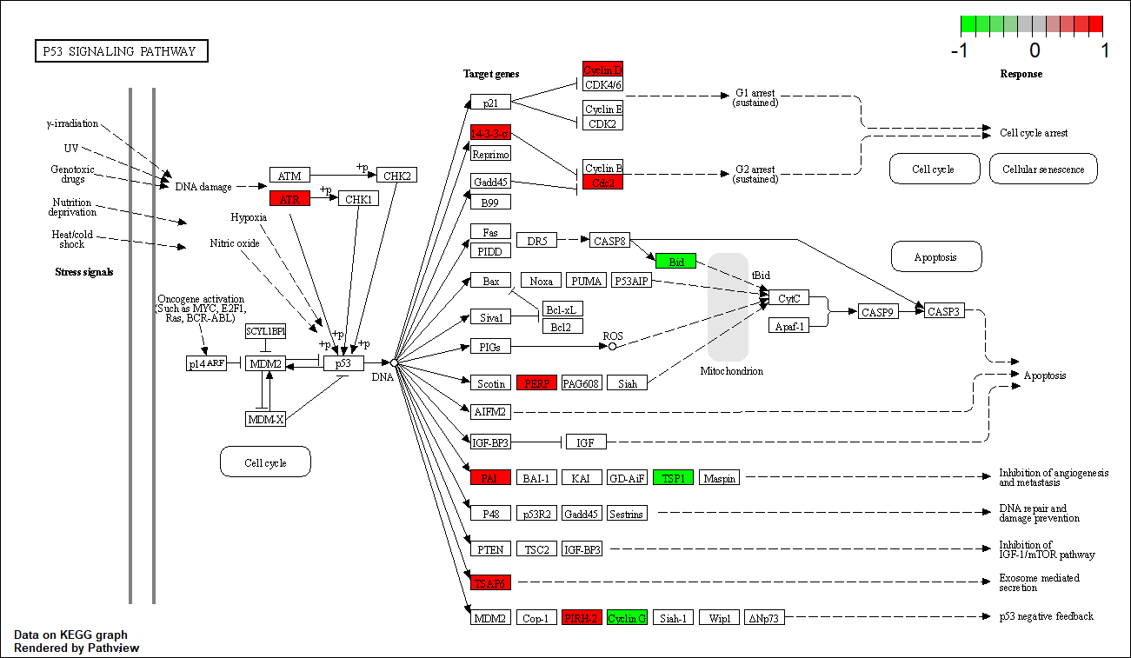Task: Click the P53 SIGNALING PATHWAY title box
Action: (122, 51)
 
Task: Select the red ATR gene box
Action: (289, 199)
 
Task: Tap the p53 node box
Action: (343, 363)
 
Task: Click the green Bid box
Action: (675, 261)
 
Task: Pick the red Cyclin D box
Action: (602, 70)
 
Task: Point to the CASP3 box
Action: (944, 311)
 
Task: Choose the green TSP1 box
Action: (673, 478)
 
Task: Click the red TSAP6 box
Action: (490, 582)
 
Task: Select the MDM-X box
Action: (265, 419)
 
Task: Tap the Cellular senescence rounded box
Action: (1043, 169)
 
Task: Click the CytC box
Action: (788, 298)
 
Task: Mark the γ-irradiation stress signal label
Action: (73, 123)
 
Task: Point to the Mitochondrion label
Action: (731, 371)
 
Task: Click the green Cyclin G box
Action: (627, 618)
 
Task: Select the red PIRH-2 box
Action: (582, 618)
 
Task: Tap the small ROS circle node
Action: (612, 346)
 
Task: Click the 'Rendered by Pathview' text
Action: (77, 648)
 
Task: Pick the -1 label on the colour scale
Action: (960, 50)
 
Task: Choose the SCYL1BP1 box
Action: (266, 331)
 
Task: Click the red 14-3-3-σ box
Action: (490, 133)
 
